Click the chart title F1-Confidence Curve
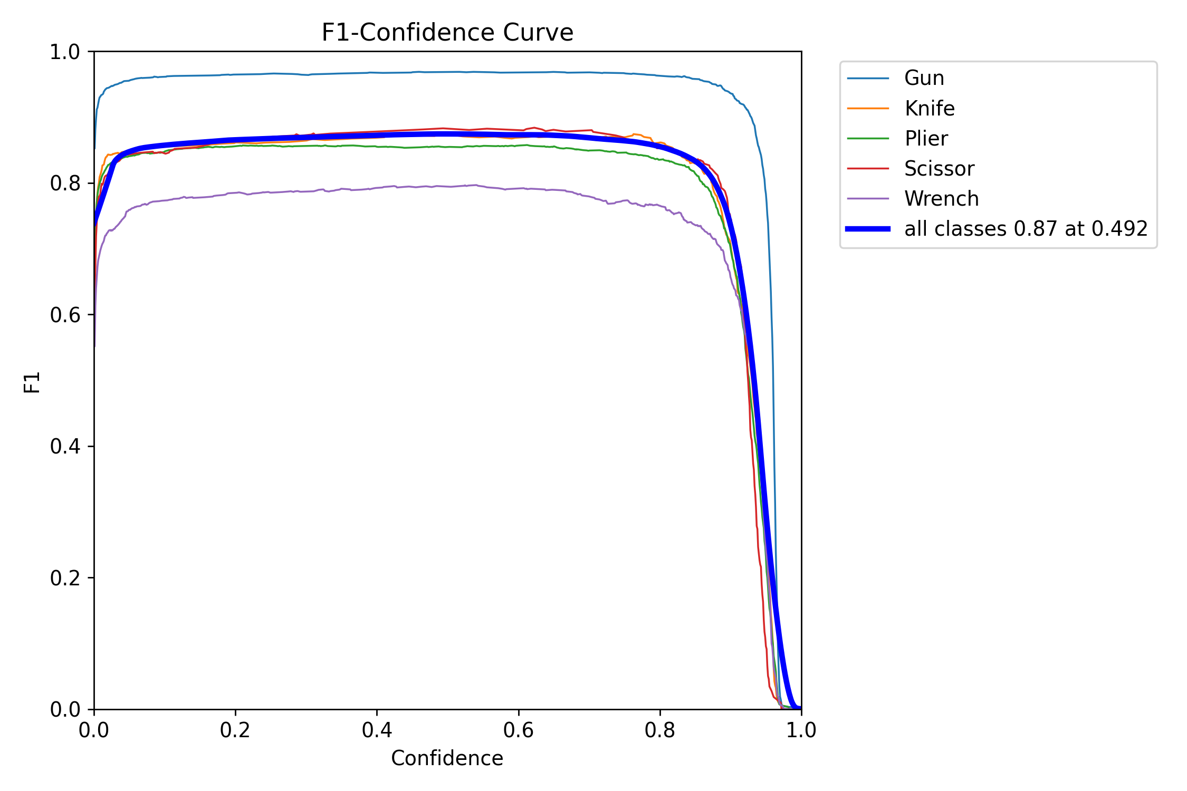pos(447,33)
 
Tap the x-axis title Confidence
pos(447,758)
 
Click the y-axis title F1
pos(32,382)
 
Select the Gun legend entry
pos(924,78)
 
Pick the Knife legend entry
pos(929,109)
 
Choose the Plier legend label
pos(926,139)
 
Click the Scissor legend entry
pos(939,169)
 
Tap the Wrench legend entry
pos(941,199)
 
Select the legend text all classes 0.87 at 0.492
pos(1026,229)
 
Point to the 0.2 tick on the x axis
pos(235,730)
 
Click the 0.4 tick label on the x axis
pos(377,730)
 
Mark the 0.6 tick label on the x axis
pos(519,730)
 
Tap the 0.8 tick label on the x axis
pos(660,730)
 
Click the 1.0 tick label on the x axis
pos(801,730)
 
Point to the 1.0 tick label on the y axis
pos(64,52)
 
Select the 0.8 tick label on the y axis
pos(64,184)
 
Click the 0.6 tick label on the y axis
pos(64,315)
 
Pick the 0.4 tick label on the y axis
pos(64,447)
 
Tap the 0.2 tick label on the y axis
pos(64,578)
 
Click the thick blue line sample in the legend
pos(868,229)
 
